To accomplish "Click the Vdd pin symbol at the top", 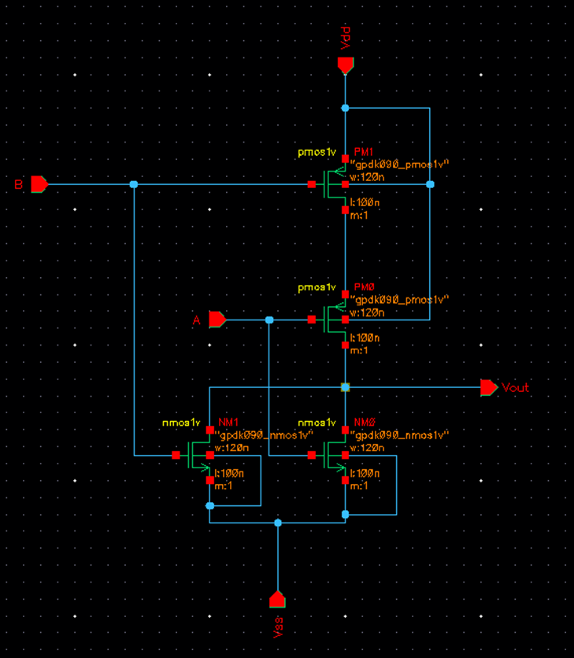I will point(345,65).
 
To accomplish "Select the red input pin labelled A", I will point(217,320).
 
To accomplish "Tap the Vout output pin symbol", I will point(488,387).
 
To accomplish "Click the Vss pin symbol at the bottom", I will point(277,600).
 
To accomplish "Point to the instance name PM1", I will point(363,152).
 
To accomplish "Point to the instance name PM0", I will point(363,287).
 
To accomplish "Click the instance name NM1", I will point(228,423).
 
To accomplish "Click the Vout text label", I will point(516,388).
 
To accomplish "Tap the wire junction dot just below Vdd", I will point(345,108).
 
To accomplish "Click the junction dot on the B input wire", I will point(133,185).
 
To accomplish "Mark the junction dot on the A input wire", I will point(269,320).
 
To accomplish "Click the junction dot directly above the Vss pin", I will point(277,523).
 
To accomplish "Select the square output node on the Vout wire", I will point(345,387).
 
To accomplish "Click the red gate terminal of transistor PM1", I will point(312,185).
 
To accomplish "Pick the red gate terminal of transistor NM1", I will point(176,455).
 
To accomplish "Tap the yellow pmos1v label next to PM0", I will point(317,287).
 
